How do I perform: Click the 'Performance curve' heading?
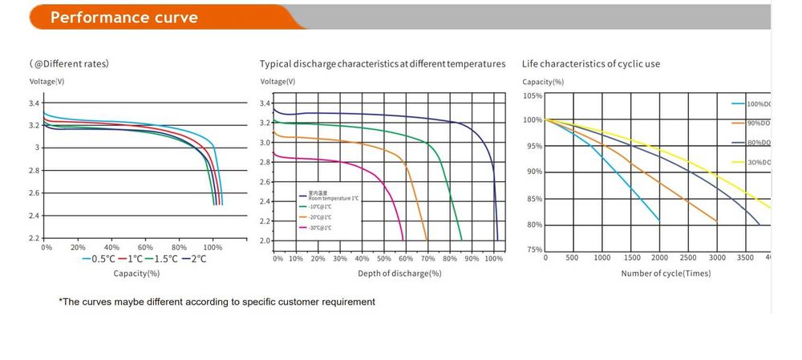pos(124,17)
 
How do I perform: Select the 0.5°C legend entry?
pos(100,258)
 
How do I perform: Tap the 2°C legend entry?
pos(192,258)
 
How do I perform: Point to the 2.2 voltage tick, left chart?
pos(34,238)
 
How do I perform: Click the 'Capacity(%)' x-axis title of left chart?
pos(136,273)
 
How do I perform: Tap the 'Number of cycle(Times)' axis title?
pos(666,273)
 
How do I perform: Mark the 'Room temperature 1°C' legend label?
pos(330,197)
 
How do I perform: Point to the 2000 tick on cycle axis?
pos(659,258)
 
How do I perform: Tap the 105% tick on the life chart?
pos(533,96)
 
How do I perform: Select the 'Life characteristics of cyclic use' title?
pos(591,63)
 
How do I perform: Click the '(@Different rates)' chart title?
pos(69,63)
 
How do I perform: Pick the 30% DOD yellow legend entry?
pos(757,163)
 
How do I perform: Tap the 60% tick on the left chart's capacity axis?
pos(145,248)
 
